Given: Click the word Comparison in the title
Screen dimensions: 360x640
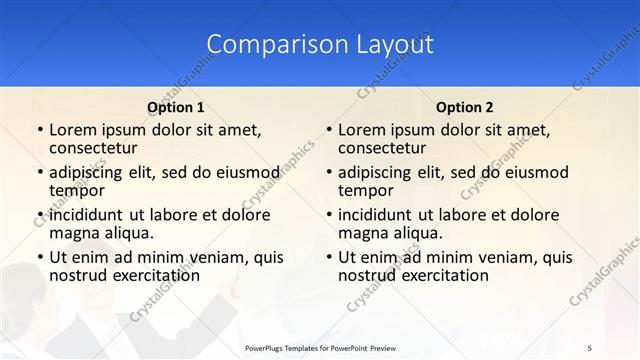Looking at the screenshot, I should coord(262,44).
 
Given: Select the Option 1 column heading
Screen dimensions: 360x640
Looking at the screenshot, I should coord(176,106).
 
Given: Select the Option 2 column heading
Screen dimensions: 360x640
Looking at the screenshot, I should coord(465,106).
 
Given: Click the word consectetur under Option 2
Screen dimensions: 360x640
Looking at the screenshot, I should coord(382,148).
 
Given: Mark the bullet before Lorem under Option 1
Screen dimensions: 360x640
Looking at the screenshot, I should coord(39,130).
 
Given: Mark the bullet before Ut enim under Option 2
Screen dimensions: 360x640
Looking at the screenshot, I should coord(328,257).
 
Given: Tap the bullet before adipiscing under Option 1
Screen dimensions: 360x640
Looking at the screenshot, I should coord(39,172).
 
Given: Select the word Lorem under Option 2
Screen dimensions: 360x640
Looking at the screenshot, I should coord(362,130).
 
